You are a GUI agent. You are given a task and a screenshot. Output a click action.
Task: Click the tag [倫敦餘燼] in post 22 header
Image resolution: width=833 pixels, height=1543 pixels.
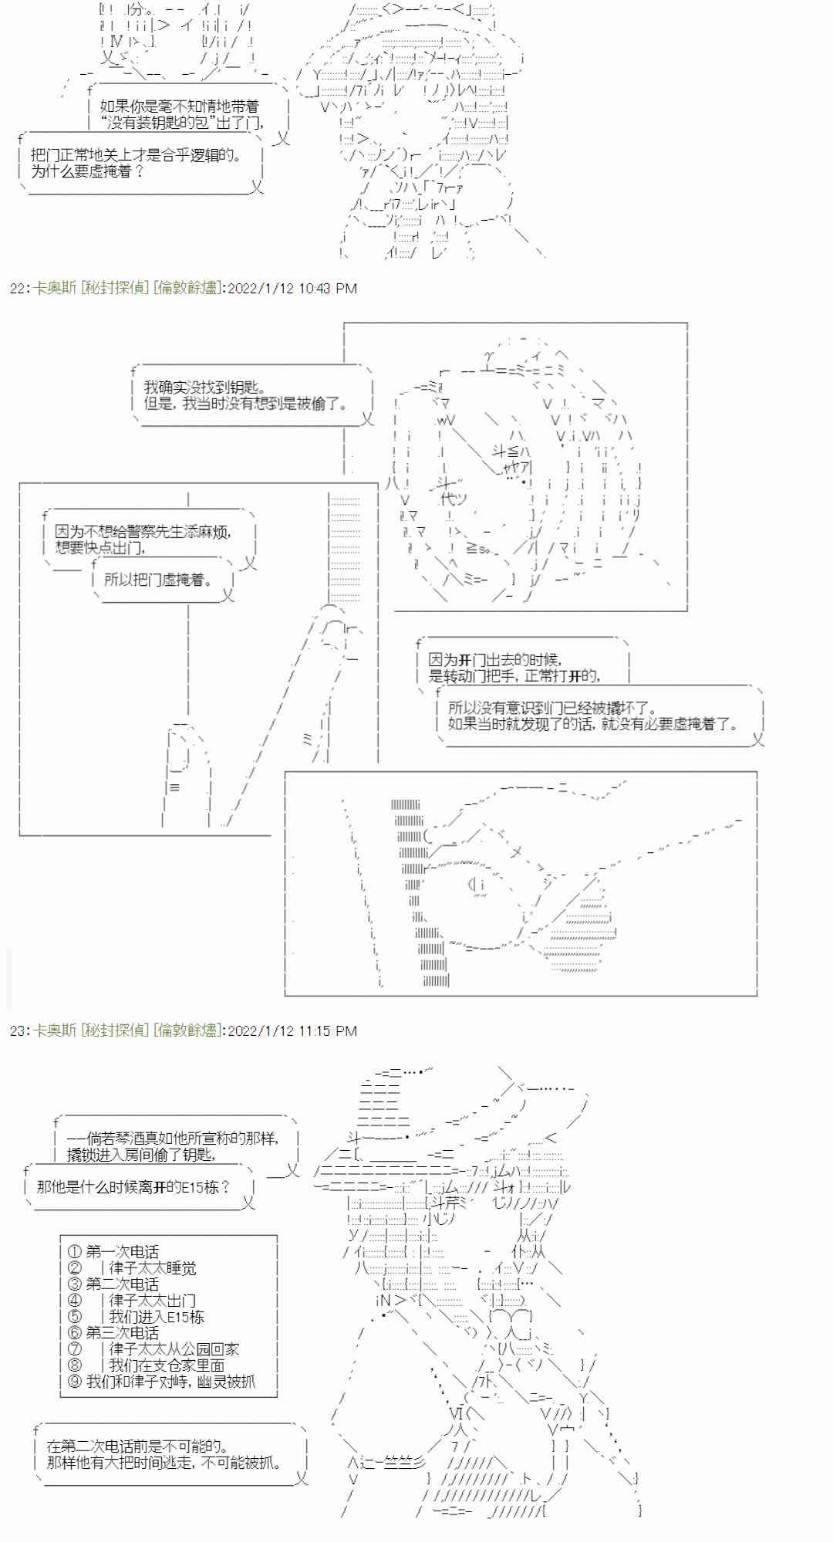187,288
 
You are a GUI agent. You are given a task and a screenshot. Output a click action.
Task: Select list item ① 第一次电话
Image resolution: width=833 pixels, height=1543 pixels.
113,1251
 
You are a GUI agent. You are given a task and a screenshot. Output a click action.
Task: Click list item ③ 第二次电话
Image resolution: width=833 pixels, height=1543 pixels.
113,1284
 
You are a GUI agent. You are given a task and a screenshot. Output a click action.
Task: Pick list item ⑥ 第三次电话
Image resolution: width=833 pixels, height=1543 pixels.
113,1332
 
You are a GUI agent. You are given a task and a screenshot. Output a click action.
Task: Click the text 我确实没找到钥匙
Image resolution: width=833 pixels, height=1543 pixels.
204,387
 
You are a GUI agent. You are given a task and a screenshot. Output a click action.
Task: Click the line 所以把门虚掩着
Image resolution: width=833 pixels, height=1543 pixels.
158,579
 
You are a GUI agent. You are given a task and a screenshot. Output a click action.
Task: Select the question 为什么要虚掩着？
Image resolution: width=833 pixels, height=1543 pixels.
86,171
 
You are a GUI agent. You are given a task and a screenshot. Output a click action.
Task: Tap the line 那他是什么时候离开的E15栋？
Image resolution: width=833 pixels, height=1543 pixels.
133,1186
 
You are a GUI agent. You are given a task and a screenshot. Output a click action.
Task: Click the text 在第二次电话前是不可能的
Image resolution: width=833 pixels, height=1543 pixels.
137,1446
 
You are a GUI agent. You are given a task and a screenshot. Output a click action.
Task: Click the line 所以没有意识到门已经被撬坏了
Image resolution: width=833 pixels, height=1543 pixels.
551,708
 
